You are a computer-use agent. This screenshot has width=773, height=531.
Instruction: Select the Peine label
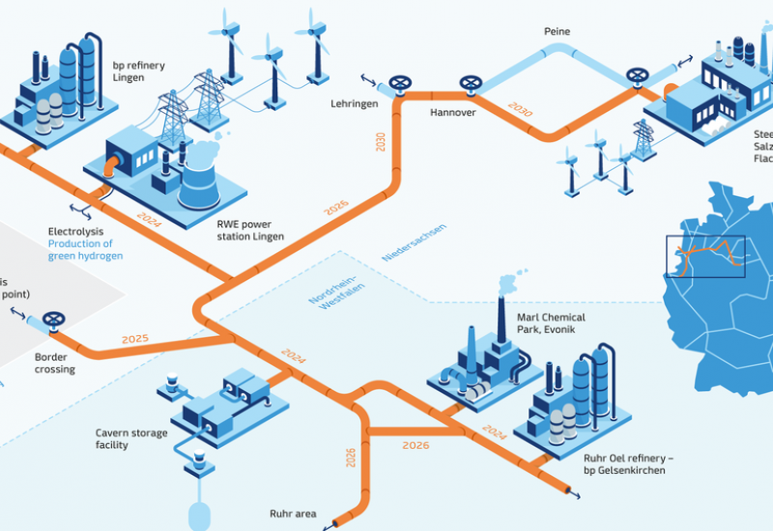[x=557, y=32]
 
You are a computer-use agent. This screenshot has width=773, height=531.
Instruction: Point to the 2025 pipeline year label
[x=135, y=339]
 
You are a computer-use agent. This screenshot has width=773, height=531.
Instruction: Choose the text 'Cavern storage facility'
[x=131, y=439]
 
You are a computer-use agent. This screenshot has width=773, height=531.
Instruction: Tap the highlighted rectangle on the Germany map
[x=705, y=256]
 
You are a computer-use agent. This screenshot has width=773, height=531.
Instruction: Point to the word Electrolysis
[x=76, y=232]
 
